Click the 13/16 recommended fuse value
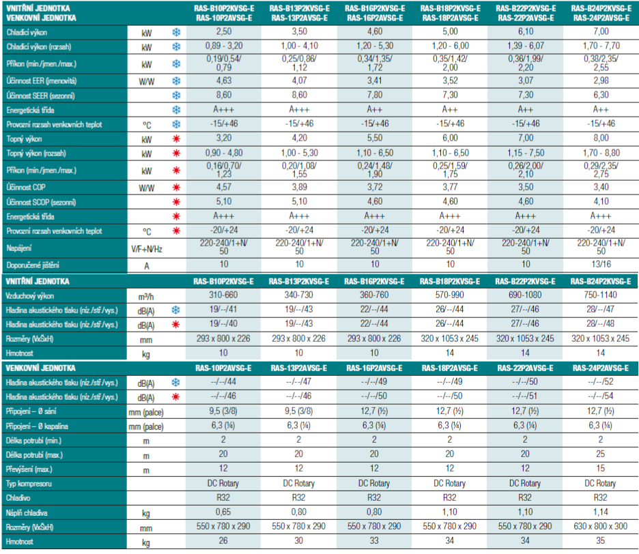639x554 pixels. [601, 264]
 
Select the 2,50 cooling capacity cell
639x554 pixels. [224, 32]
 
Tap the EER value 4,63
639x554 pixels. [224, 81]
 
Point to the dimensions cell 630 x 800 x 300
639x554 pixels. [600, 526]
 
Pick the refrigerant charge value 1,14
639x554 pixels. [600, 512]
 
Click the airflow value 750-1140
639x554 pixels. [600, 295]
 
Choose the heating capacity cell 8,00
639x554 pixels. [601, 138]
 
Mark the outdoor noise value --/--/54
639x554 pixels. [600, 396]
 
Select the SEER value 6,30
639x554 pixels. [601, 95]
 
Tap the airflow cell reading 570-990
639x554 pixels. [449, 295]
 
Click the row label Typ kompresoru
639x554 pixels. [29, 484]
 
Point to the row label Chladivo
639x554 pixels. [18, 498]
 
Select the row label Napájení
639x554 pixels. [18, 248]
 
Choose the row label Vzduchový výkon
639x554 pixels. [30, 296]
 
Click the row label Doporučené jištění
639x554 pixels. [33, 265]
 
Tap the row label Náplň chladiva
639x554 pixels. [27, 513]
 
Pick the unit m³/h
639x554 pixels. [146, 297]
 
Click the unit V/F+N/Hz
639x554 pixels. [147, 249]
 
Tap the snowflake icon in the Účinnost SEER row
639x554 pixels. [176, 96]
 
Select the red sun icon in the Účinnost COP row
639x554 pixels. [176, 188]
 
